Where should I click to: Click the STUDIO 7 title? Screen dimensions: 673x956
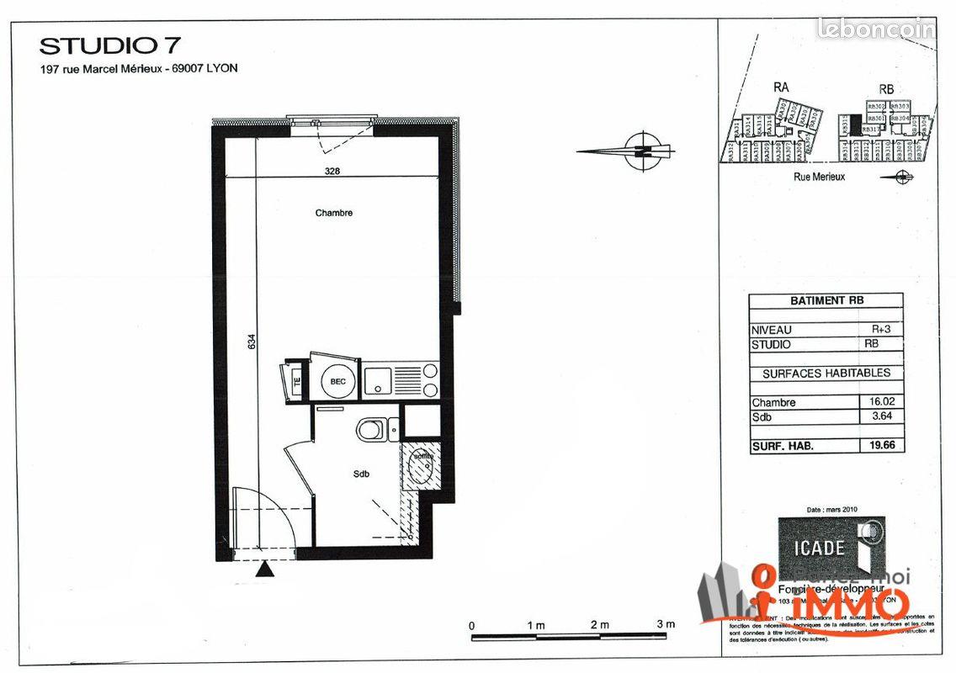pos(109,45)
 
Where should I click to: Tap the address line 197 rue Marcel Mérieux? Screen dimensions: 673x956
pos(139,69)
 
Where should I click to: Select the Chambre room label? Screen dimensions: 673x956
pos(334,213)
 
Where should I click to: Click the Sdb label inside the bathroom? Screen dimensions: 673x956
pos(362,474)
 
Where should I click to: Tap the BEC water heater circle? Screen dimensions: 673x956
pos(337,381)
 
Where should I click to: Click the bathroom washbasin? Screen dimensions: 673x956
pos(419,468)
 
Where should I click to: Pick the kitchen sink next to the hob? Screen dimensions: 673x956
pos(378,380)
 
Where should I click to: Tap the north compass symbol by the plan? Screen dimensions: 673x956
pos(643,151)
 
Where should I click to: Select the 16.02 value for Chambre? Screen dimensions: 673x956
pos(880,403)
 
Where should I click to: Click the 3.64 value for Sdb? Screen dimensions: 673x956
pos(880,416)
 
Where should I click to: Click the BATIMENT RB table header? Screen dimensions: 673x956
pos(826,300)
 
